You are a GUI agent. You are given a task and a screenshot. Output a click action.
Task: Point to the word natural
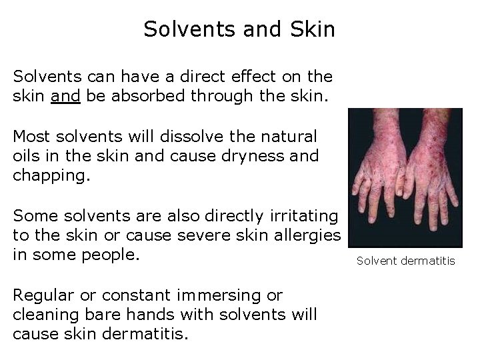(x=291, y=137)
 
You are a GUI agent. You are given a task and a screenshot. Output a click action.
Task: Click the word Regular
(x=43, y=294)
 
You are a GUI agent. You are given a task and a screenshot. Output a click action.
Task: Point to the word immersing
(x=209, y=294)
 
